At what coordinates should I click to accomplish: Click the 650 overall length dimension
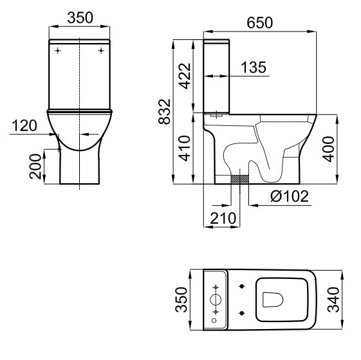click(259, 22)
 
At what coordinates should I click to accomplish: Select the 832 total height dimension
click(166, 113)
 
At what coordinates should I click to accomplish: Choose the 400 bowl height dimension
click(330, 149)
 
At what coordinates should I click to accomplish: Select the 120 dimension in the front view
click(24, 125)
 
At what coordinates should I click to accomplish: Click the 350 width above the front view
click(80, 19)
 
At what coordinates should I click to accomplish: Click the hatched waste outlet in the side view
click(240, 178)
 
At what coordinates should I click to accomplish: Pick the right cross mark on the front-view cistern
click(102, 50)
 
